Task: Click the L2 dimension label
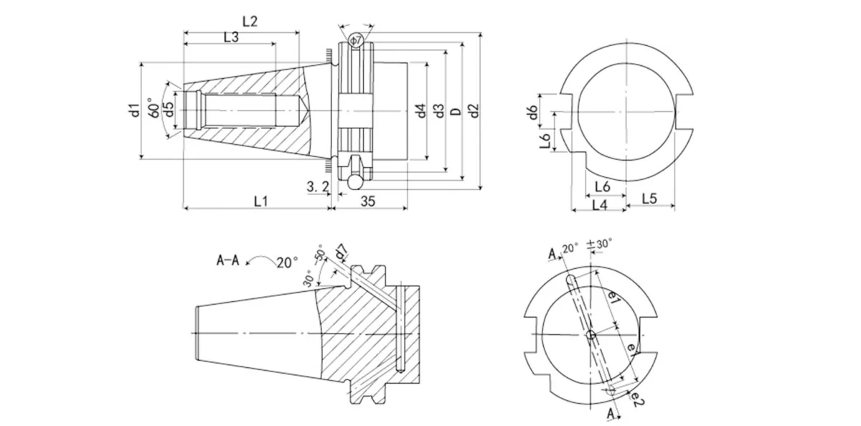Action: click(x=249, y=21)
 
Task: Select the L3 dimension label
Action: click(x=231, y=37)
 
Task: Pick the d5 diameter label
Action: click(x=168, y=110)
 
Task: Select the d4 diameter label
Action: click(x=421, y=110)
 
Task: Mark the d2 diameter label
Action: click(x=472, y=110)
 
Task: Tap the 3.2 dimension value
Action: click(x=317, y=186)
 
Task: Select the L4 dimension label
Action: click(x=600, y=204)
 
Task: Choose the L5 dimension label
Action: click(x=649, y=197)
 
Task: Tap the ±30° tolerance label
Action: click(x=600, y=244)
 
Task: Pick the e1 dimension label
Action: click(x=613, y=296)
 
